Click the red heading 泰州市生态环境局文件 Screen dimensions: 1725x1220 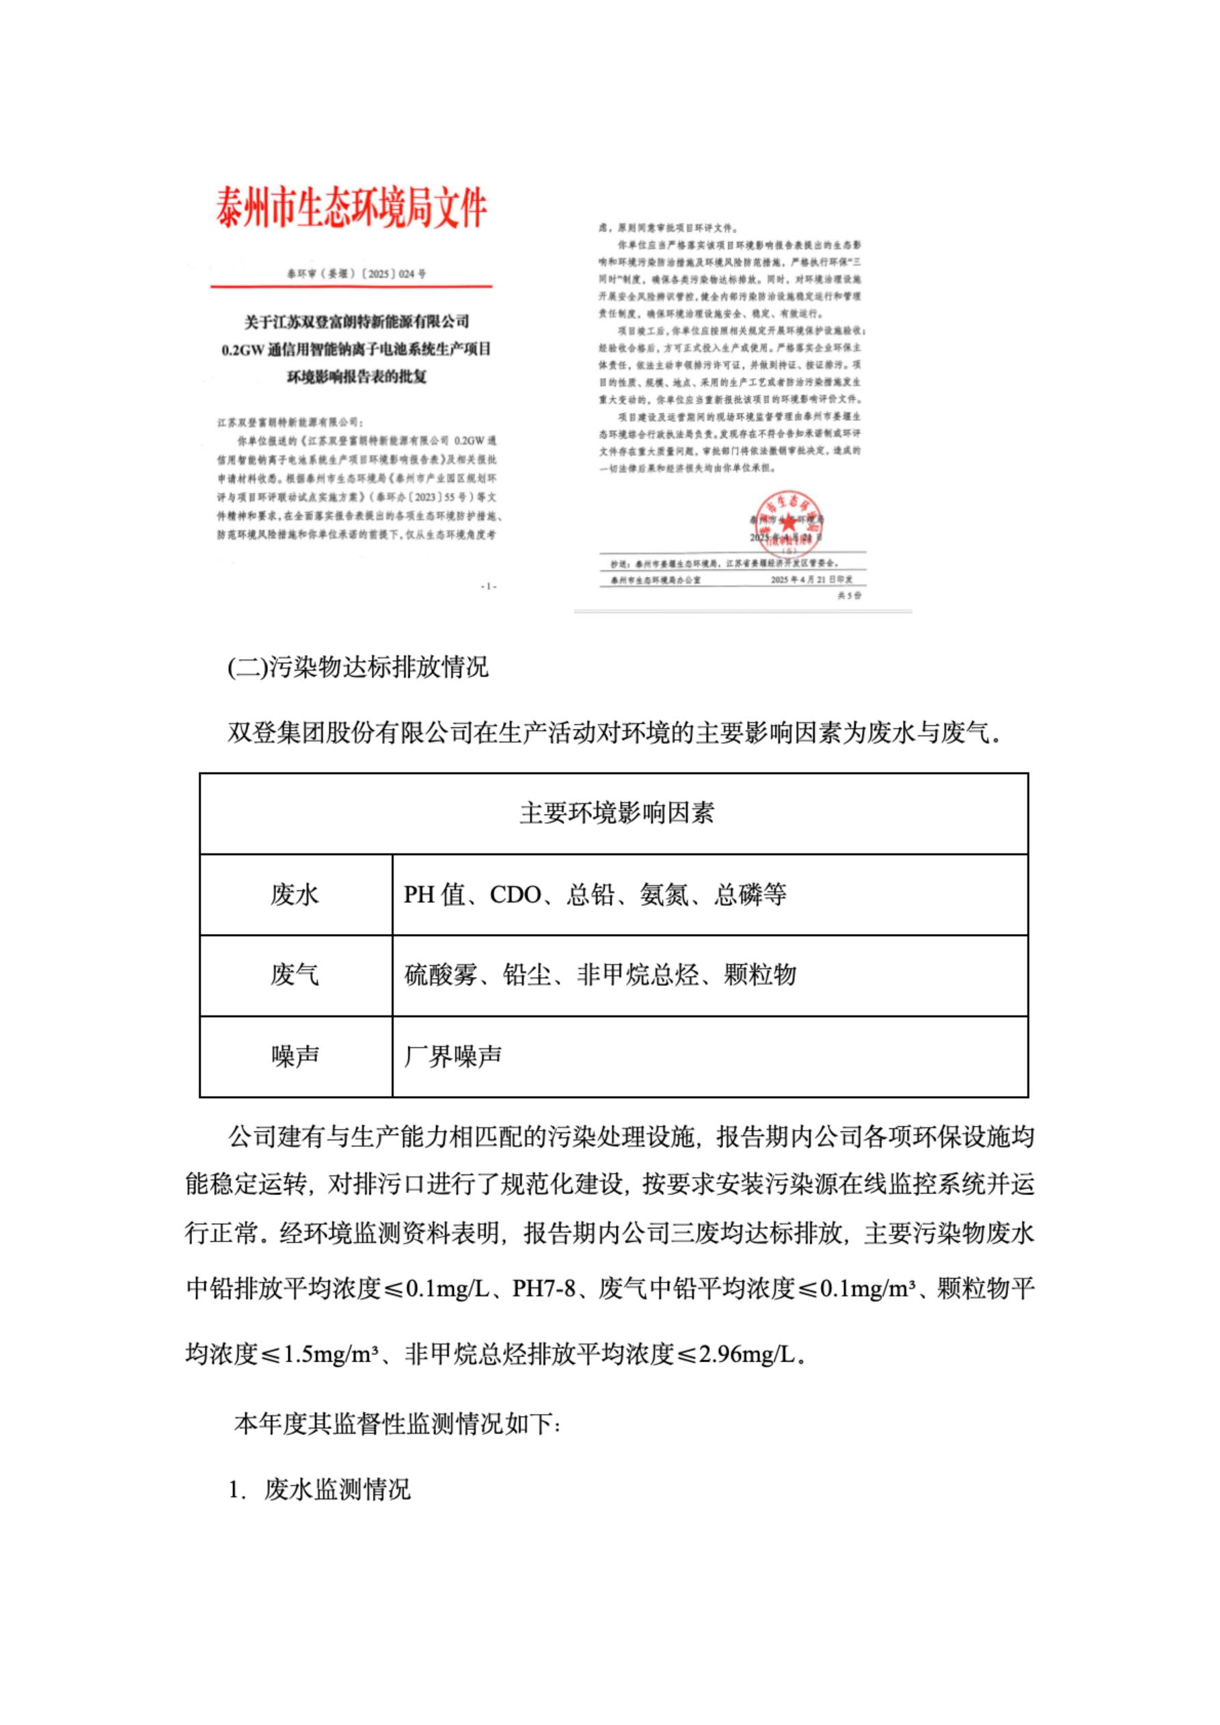pos(351,208)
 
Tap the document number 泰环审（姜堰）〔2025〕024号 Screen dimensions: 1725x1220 pos(356,274)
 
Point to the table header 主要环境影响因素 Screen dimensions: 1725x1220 pos(616,813)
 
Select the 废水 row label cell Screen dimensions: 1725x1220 pos(295,894)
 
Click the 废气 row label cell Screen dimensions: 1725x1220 pos(295,975)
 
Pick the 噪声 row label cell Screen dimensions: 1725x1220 pos(295,1056)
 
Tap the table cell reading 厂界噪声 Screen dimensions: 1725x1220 pos(452,1056)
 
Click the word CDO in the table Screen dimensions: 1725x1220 pos(515,895)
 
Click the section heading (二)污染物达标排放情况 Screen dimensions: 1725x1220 pos(357,667)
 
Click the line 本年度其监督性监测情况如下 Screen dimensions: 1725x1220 pos(396,1423)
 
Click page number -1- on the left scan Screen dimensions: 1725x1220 pos(488,586)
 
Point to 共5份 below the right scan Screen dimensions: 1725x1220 pos(849,595)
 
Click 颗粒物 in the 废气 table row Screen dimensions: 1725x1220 pos(759,975)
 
